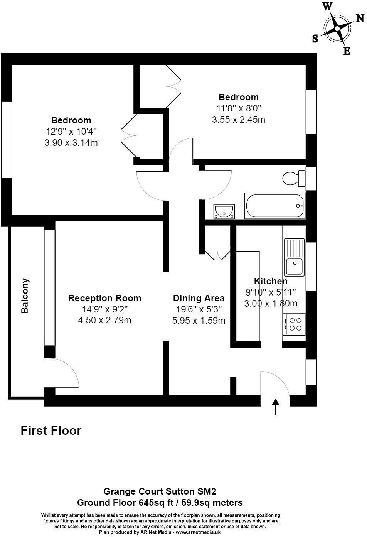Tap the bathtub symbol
click(274, 206)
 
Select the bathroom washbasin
click(224, 211)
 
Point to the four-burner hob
click(295, 324)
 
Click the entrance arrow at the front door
click(276, 407)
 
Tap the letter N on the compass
click(360, 18)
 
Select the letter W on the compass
click(327, 6)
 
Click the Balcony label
click(25, 296)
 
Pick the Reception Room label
click(104, 298)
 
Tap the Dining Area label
click(199, 298)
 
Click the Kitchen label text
click(271, 281)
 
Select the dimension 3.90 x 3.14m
click(71, 143)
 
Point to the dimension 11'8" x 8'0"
click(239, 108)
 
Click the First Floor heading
click(51, 431)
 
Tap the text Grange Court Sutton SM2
click(160, 491)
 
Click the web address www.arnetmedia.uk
click(198, 532)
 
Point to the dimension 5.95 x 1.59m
click(199, 320)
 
